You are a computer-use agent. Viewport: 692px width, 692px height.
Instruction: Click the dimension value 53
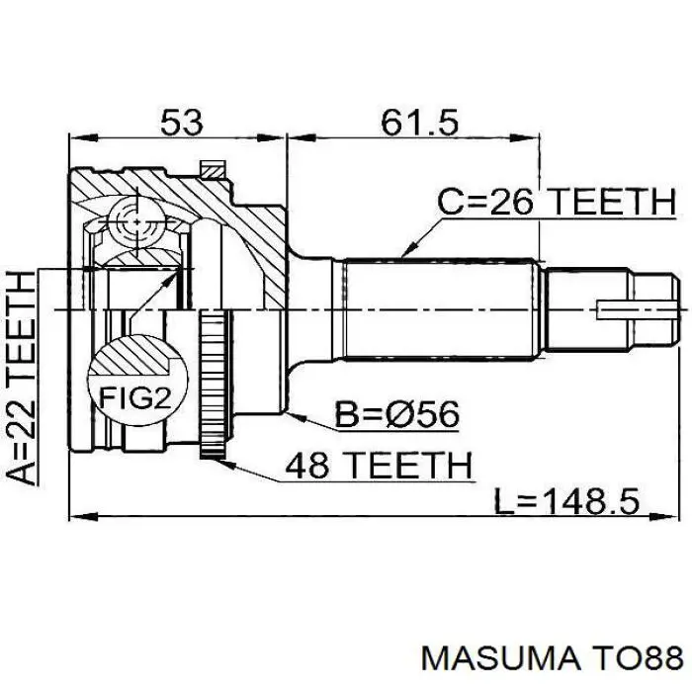click(181, 123)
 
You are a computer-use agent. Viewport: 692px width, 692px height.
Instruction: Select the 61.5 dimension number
click(420, 123)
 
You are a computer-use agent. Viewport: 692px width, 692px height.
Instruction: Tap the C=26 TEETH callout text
click(557, 202)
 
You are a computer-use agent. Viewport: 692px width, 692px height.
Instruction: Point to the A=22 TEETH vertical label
click(21, 378)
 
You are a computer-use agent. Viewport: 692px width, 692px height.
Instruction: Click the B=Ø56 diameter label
click(397, 414)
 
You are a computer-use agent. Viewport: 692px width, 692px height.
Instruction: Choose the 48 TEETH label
click(379, 466)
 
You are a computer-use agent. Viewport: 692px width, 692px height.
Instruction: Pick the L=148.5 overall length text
click(566, 501)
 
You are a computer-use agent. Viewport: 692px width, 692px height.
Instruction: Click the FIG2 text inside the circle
click(135, 397)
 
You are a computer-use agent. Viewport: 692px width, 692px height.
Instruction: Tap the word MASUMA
click(500, 659)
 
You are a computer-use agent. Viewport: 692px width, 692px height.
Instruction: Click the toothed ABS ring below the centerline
click(213, 384)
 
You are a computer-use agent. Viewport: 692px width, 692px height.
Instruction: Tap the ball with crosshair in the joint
click(137, 221)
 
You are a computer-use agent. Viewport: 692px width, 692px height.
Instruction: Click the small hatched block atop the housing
click(212, 169)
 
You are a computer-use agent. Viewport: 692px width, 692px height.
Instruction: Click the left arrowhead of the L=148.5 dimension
click(83, 515)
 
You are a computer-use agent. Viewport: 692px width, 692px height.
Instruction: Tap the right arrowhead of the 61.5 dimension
click(526, 137)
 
